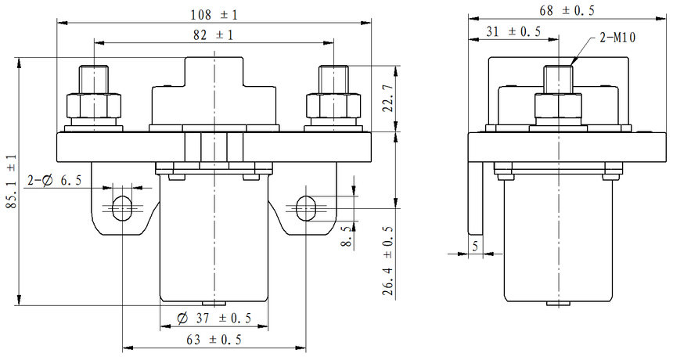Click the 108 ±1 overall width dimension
[x=214, y=15]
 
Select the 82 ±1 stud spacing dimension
[x=214, y=35]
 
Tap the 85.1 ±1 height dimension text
[x=11, y=182]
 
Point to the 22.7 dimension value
[x=388, y=98]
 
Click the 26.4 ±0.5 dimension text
[x=388, y=261]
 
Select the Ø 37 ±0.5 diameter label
[x=214, y=318]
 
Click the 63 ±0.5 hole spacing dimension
[x=214, y=340]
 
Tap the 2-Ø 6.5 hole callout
[x=55, y=180]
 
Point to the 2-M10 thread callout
[x=617, y=38]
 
